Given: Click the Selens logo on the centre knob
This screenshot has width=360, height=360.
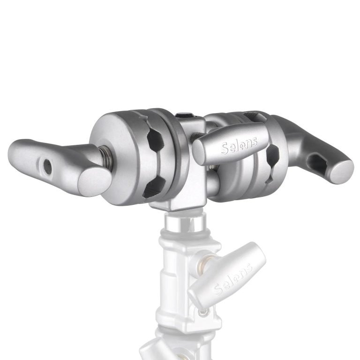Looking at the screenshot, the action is (x=239, y=146).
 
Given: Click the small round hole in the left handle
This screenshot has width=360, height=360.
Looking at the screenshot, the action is (x=47, y=167).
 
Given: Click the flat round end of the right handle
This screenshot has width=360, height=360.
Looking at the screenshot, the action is (x=342, y=172).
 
